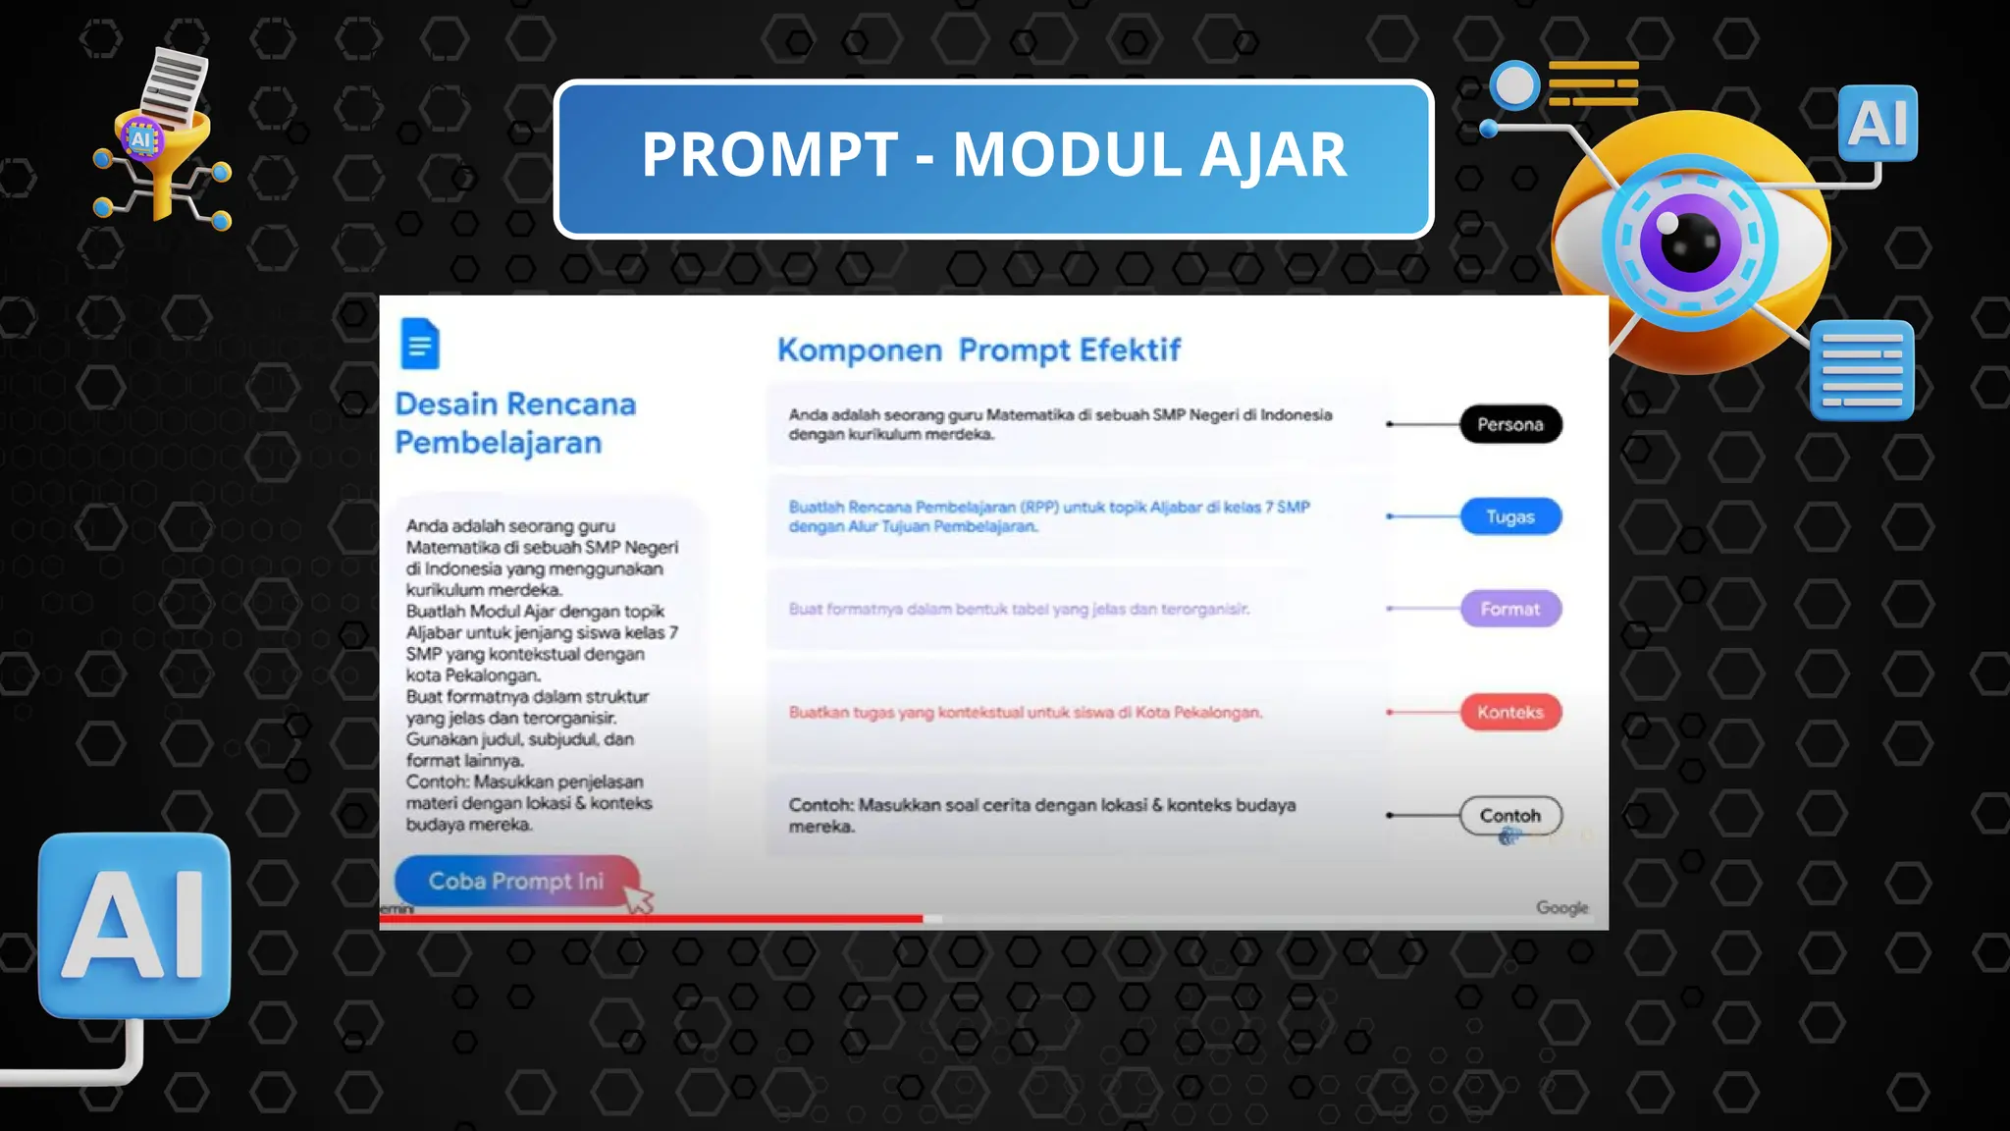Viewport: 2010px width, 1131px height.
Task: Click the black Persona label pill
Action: click(1509, 424)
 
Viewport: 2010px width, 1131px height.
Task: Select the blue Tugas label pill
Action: click(1509, 516)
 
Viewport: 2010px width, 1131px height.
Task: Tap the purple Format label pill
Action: click(1509, 609)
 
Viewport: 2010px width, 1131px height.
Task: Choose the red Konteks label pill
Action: click(1509, 712)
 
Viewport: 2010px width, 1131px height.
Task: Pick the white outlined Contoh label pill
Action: click(1509, 815)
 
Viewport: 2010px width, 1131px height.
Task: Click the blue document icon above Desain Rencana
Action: click(420, 344)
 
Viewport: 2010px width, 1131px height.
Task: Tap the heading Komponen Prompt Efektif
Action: click(979, 350)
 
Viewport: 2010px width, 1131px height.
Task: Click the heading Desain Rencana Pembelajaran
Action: click(515, 423)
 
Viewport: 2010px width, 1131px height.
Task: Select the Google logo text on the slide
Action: click(1561, 907)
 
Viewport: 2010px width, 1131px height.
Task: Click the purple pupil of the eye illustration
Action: click(1688, 242)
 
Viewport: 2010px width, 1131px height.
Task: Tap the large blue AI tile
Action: click(134, 925)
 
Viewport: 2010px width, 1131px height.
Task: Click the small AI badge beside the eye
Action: click(1878, 124)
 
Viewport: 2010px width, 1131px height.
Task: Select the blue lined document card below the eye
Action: click(1862, 370)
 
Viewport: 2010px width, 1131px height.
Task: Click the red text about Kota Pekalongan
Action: click(1025, 712)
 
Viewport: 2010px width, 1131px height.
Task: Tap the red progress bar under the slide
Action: click(652, 919)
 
